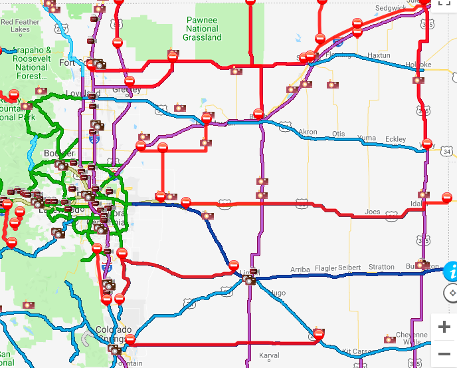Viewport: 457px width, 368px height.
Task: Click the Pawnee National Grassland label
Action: [x=202, y=29]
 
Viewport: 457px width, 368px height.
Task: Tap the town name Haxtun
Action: [x=379, y=55]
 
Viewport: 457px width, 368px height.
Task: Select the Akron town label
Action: [x=308, y=132]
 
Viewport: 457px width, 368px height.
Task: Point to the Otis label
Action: [x=339, y=134]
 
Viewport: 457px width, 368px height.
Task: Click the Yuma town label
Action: [x=366, y=138]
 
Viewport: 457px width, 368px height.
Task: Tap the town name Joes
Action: [x=373, y=212]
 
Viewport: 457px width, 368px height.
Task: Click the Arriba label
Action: [x=300, y=269]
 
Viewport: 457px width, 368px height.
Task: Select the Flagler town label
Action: [x=326, y=268]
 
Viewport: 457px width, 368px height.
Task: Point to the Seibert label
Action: [x=350, y=268]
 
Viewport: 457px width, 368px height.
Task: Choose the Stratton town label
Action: [x=381, y=267]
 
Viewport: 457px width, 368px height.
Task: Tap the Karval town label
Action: [x=269, y=355]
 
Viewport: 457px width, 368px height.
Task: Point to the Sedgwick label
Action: [x=390, y=8]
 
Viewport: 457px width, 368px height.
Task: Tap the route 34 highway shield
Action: [x=447, y=152]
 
